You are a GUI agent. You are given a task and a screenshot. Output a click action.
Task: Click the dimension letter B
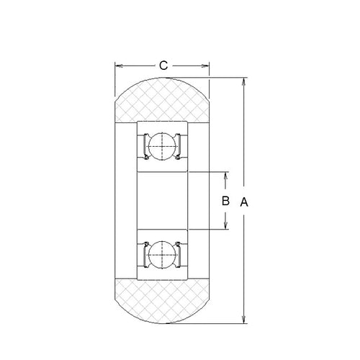225,202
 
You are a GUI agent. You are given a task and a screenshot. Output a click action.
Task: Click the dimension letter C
163,66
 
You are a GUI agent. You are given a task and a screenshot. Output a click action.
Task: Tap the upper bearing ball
162,148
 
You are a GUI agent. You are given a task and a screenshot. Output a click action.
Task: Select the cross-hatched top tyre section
162,101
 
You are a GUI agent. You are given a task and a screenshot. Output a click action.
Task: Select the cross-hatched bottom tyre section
162,302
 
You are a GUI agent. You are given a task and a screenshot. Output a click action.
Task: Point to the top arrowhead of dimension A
245,78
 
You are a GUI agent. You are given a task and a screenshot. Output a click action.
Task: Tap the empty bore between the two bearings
162,202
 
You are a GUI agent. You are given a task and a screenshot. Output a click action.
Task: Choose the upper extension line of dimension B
209,173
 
